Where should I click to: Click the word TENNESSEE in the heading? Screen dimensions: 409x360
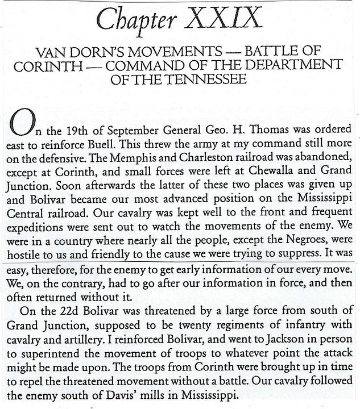coord(206,78)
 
